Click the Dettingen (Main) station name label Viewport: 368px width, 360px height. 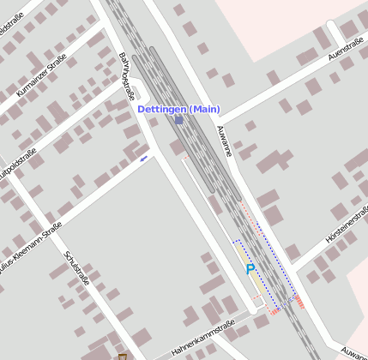pos(179,110)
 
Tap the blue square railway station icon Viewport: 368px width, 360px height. pos(178,121)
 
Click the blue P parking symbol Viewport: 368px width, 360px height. pos(250,269)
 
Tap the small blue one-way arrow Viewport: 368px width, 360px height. pos(143,158)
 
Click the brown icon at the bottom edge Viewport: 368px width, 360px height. pos(122,356)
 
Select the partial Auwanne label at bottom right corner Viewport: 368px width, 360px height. pos(353,351)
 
